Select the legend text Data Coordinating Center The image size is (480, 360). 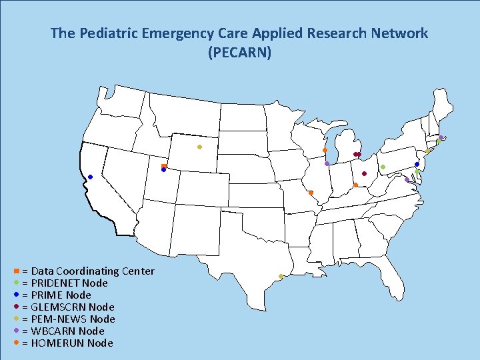pyautogui.click(x=93, y=271)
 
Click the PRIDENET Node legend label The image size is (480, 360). pyautogui.click(x=69, y=283)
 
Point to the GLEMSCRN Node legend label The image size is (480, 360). pyautogui.click(x=73, y=307)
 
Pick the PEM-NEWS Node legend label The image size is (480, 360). pyautogui.click(x=73, y=319)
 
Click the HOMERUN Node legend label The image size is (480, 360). pyautogui.click(x=72, y=343)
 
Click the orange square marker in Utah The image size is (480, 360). pyautogui.click(x=163, y=166)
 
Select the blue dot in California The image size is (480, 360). pyautogui.click(x=90, y=177)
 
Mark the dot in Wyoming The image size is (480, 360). pyautogui.click(x=199, y=147)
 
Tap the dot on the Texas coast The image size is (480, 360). pyautogui.click(x=281, y=277)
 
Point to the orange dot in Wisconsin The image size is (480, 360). pyautogui.click(x=325, y=150)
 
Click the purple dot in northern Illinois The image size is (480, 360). pyautogui.click(x=327, y=163)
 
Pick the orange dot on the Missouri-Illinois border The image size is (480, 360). pyautogui.click(x=311, y=193)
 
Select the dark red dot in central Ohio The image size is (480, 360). pyautogui.click(x=364, y=173)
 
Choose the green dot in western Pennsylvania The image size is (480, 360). pyautogui.click(x=383, y=167)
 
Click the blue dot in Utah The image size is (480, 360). pyautogui.click(x=163, y=170)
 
